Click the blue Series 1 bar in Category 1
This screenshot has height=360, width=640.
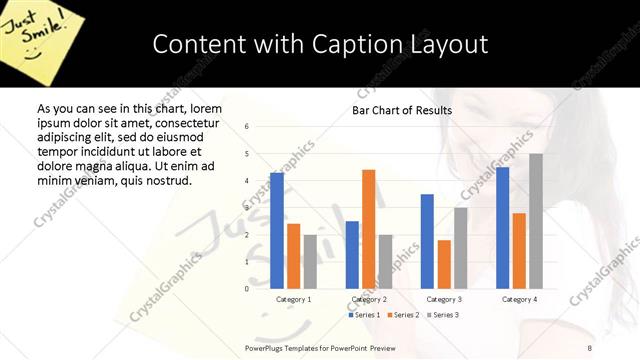pos(277,230)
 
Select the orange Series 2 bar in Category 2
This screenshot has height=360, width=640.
pos(368,229)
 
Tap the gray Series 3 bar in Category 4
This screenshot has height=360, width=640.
pos(535,221)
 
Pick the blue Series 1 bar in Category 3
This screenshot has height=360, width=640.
pos(427,241)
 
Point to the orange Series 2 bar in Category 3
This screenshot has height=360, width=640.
pos(444,264)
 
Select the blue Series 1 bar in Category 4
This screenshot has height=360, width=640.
pos(502,227)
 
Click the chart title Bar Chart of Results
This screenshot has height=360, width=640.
pos(402,110)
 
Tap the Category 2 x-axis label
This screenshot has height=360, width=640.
pos(369,299)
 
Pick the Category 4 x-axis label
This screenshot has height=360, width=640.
pos(518,299)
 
